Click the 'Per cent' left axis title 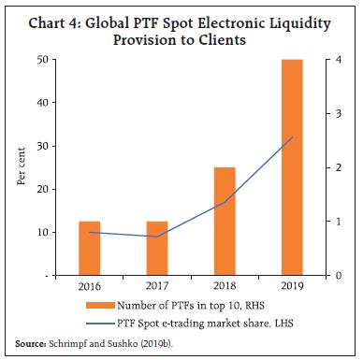[x=22, y=168]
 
